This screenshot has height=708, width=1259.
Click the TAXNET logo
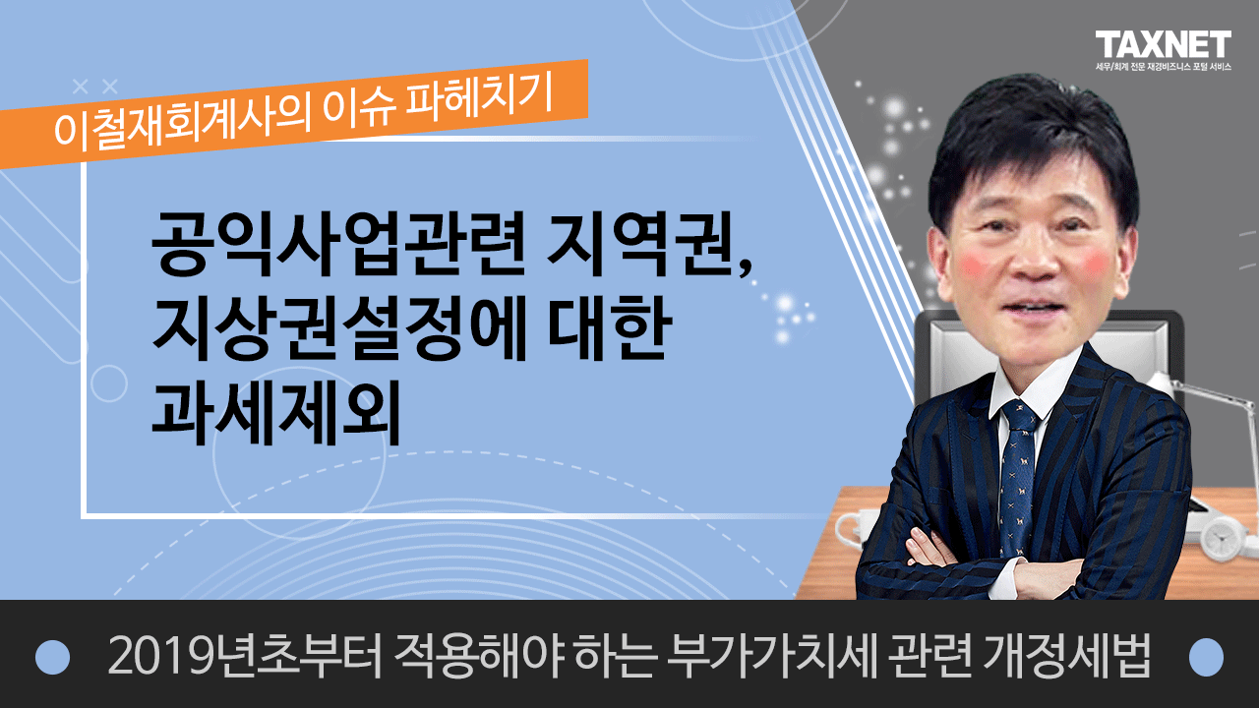pyautogui.click(x=1163, y=44)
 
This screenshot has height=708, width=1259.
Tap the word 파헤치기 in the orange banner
pyautogui.click(x=480, y=100)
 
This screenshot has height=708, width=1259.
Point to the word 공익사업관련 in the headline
pyautogui.click(x=337, y=244)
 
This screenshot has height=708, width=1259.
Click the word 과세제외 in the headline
pyautogui.click(x=275, y=413)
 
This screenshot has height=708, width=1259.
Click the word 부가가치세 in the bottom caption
pyautogui.click(x=771, y=656)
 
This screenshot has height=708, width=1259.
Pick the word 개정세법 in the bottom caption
pyautogui.click(x=1066, y=656)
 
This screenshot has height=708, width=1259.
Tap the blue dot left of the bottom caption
pyautogui.click(x=52, y=657)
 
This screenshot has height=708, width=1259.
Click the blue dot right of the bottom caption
pyautogui.click(x=1206, y=657)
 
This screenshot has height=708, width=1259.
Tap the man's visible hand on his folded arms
pyautogui.click(x=929, y=549)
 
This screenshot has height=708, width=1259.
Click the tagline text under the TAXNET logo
pyautogui.click(x=1163, y=67)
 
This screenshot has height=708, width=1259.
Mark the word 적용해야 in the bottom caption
pyautogui.click(x=479, y=656)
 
